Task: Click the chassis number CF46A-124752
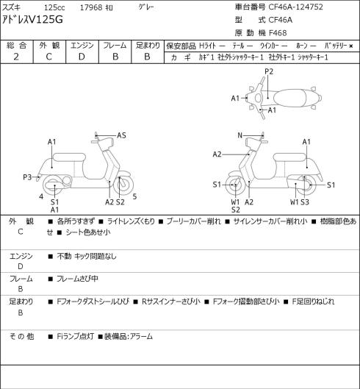[x=295, y=7]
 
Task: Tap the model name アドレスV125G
[x=32, y=20]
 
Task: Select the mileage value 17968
[x=91, y=7]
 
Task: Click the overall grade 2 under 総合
[x=16, y=57]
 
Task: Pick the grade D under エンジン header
[x=82, y=57]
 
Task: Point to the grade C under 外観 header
[x=48, y=57]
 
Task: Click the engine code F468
[x=278, y=33]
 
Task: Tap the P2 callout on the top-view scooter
[x=269, y=71]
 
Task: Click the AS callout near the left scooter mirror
[x=121, y=135]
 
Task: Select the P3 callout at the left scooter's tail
[x=27, y=177]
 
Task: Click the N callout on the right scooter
[x=240, y=135]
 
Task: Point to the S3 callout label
[x=305, y=202]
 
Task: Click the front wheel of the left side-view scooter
[x=123, y=185]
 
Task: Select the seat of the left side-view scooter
[x=69, y=157]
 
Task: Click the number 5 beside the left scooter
[x=134, y=196]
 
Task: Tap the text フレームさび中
[x=77, y=279]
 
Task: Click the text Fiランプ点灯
[x=75, y=336]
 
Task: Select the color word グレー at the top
[x=146, y=7]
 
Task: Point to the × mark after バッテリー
[x=351, y=46]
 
